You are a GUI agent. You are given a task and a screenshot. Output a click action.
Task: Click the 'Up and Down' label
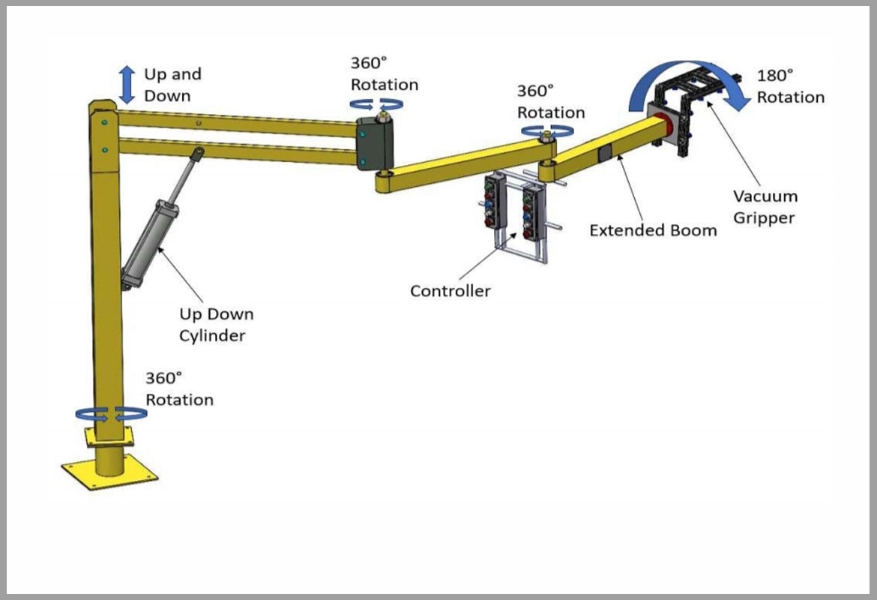172,85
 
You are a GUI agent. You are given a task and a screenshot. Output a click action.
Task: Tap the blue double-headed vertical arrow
127,84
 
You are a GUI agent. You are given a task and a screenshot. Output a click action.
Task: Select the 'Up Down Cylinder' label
216,325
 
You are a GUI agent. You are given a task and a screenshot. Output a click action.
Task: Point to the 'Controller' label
450,291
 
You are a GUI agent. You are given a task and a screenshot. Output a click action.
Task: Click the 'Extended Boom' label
652,230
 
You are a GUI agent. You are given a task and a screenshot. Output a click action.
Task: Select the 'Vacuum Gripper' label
765,207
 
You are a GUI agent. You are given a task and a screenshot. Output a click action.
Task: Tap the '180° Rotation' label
790,86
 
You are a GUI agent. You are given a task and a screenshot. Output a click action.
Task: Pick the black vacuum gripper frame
686,112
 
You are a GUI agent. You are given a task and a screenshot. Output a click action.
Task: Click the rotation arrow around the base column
109,413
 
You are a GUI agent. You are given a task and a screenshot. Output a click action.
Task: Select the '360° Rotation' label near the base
179,388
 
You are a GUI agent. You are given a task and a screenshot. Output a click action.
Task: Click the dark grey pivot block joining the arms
374,142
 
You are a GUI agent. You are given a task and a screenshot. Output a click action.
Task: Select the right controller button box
534,211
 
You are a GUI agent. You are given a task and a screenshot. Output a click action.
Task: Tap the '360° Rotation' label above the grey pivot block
384,73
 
